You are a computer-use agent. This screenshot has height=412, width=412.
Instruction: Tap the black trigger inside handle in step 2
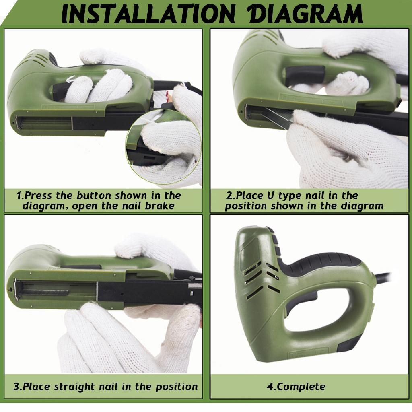click(305, 75)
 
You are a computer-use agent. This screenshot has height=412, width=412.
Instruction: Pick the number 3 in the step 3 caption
click(16, 387)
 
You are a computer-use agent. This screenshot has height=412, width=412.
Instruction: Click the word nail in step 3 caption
click(108, 387)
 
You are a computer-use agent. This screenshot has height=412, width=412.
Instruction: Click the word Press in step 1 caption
click(39, 196)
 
